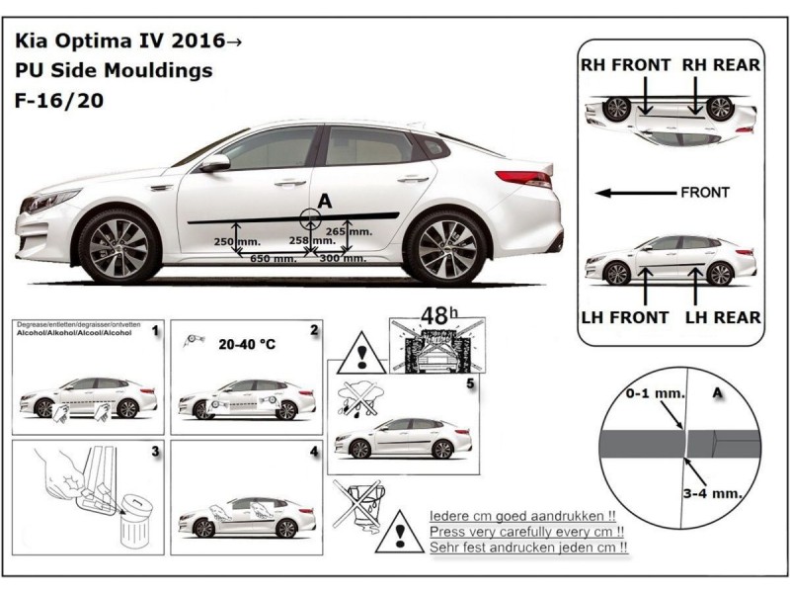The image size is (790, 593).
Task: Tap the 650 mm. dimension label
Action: coord(273,259)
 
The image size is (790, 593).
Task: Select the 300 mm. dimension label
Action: coord(341,259)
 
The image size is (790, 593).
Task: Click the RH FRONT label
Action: coord(626,65)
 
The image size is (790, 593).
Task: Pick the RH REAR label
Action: coord(719,65)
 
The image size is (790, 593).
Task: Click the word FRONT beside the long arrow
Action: coord(705,192)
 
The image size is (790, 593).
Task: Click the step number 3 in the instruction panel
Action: coord(155,452)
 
